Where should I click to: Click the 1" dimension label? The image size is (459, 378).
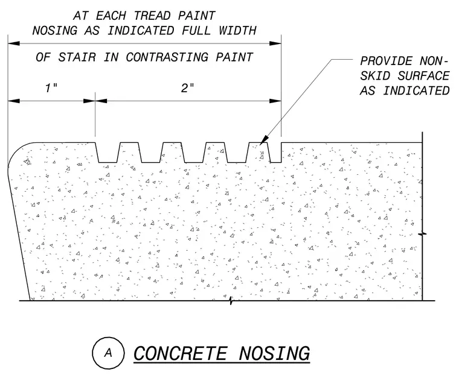click(x=51, y=88)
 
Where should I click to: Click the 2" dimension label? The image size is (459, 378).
click(x=187, y=88)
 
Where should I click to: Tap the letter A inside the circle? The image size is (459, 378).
click(x=108, y=353)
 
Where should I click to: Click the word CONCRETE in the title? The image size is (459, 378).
click(x=181, y=353)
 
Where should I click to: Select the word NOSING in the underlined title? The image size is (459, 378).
click(x=274, y=353)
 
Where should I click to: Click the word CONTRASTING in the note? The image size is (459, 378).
click(x=167, y=57)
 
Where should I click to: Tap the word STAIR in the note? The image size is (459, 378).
click(x=77, y=57)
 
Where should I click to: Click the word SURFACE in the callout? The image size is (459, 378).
click(x=423, y=76)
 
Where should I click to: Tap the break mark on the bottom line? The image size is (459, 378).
click(x=231, y=301)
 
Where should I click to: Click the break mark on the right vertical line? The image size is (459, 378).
click(x=422, y=234)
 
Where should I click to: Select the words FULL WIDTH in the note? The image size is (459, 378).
click(x=219, y=30)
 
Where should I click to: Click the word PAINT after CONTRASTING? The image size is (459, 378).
click(x=234, y=57)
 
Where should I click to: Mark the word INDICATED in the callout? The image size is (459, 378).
click(x=417, y=91)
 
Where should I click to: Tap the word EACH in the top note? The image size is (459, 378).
click(x=111, y=16)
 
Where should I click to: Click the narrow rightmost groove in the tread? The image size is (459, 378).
click(x=275, y=153)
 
